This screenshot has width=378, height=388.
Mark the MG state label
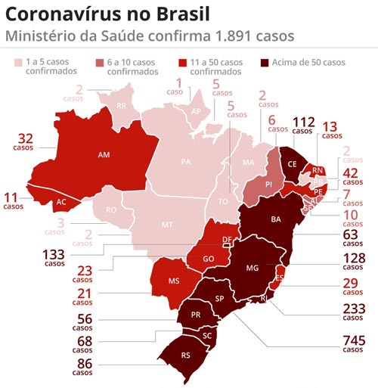(x=253, y=268)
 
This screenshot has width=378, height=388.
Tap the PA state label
(x=186, y=162)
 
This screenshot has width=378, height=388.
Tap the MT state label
(x=166, y=225)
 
